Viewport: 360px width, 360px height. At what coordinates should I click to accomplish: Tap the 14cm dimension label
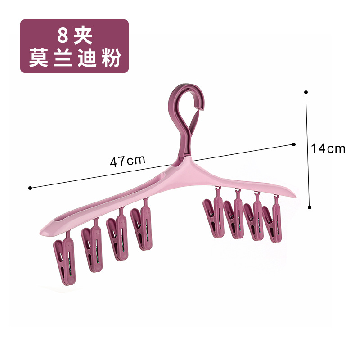(x=328, y=148)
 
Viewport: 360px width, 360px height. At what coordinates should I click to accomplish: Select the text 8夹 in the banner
(x=75, y=36)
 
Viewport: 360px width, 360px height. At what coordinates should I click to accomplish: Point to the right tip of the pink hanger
(x=295, y=196)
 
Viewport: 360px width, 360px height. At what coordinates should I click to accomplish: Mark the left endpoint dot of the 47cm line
(x=30, y=188)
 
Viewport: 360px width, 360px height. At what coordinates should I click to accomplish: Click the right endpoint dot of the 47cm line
(x=294, y=144)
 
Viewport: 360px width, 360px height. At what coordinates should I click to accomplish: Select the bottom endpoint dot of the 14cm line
(x=310, y=207)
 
